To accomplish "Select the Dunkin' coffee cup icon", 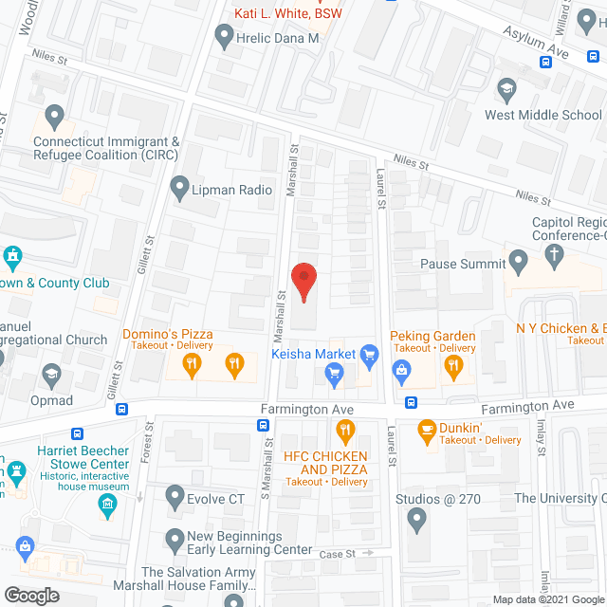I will (x=427, y=430).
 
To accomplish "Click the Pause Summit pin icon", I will (x=518, y=259).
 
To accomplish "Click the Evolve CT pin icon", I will (x=175, y=495).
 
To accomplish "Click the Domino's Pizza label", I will (x=168, y=335).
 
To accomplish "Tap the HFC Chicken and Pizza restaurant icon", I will (x=345, y=432).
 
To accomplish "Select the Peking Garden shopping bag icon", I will (x=402, y=370).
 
